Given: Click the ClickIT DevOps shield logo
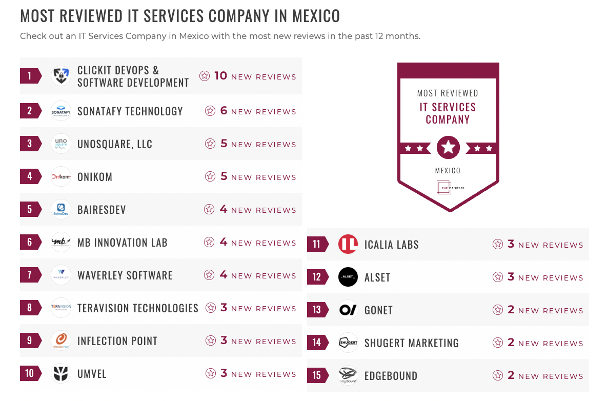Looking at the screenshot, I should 61,76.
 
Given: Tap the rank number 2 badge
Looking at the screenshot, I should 30,111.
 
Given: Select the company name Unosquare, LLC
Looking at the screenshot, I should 115,144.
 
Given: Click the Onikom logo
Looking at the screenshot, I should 61,177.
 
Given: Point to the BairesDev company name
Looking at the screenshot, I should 102,210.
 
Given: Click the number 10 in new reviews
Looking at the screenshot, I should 220,76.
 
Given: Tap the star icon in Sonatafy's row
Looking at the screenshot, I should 210,111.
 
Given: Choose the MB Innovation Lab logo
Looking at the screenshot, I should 61,243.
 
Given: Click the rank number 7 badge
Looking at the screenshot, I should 30,275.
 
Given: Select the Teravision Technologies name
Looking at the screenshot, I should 138,308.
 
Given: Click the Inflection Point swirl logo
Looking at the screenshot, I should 61,341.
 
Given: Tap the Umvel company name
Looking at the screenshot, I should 92,374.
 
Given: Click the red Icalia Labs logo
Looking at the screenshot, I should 348,245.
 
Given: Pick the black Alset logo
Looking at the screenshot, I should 348,277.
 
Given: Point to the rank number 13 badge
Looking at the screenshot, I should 317,310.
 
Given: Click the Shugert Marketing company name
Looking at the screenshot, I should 412,343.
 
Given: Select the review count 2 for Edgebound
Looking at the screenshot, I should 511,375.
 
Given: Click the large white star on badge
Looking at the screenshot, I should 448,148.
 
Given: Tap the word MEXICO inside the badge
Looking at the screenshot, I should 448,171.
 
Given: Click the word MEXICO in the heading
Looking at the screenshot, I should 316,16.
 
